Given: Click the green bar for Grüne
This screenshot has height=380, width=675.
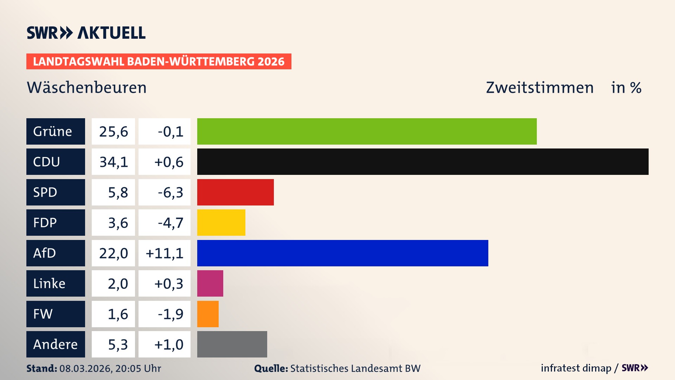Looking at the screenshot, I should click(x=367, y=131).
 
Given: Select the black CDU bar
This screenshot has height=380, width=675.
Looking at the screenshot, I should click(x=423, y=161).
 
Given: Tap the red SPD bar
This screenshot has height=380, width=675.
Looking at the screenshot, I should click(x=235, y=192).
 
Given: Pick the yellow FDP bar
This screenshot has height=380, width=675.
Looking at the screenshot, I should click(x=221, y=222).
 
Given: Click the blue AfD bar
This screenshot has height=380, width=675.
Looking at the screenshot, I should click(x=342, y=253).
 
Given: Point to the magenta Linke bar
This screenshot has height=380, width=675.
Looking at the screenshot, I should click(x=210, y=283).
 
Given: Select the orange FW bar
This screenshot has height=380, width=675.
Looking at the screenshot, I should click(x=208, y=314).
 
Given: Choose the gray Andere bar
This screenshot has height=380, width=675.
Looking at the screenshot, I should click(x=232, y=344).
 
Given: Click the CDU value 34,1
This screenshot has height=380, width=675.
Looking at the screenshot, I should click(x=113, y=162).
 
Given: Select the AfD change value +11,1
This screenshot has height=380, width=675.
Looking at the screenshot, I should click(x=165, y=253).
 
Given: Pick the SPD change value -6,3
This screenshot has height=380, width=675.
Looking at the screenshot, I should click(x=170, y=192).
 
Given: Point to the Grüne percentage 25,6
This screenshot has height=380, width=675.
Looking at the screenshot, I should click(x=113, y=131).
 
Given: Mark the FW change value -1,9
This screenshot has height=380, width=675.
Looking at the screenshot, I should click(x=170, y=314).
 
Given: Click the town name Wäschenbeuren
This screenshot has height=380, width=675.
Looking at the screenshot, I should click(x=86, y=87).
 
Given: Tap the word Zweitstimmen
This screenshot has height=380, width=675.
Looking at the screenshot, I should click(x=539, y=87).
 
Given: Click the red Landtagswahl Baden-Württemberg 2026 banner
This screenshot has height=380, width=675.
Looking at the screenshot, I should click(x=159, y=61).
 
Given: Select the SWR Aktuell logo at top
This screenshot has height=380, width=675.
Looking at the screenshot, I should click(x=86, y=33).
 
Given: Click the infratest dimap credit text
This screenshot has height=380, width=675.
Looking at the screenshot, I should click(x=576, y=368).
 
